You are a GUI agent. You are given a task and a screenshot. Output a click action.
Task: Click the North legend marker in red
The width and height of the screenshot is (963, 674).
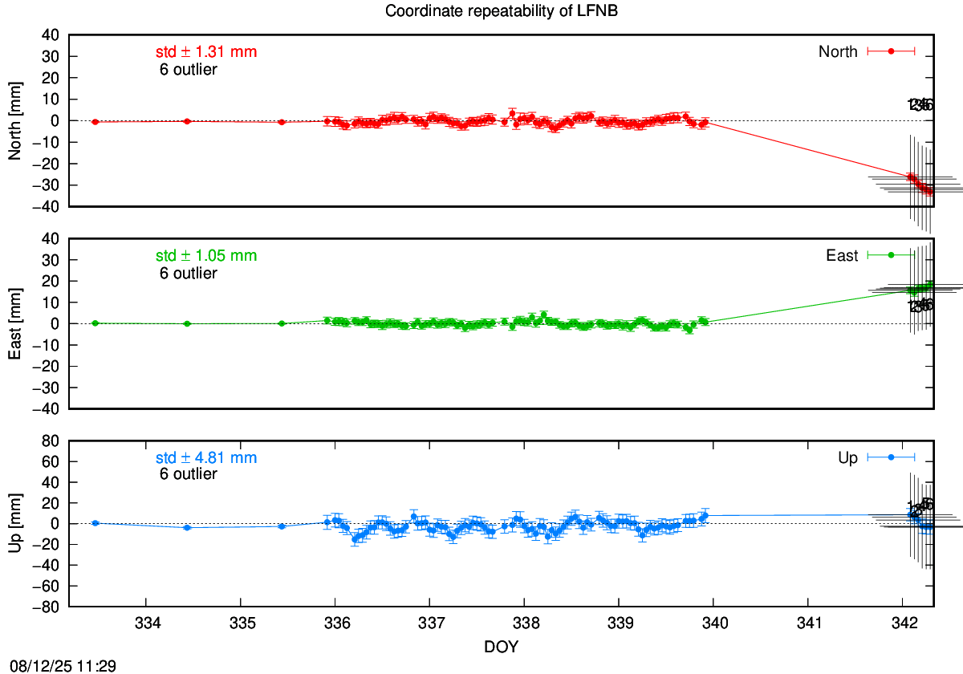click(891, 51)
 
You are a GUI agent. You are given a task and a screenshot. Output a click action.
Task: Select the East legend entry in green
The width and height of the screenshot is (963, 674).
click(842, 256)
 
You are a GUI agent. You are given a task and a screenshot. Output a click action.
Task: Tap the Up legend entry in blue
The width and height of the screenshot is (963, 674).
click(847, 458)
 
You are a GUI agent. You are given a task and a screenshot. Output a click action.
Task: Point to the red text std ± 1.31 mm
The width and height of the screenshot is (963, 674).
click(206, 52)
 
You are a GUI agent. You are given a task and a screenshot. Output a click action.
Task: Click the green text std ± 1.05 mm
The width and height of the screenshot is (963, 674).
click(206, 256)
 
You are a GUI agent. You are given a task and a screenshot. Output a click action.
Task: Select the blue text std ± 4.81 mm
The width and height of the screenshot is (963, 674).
click(206, 458)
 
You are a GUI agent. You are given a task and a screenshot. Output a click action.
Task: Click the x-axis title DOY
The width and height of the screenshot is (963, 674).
click(502, 647)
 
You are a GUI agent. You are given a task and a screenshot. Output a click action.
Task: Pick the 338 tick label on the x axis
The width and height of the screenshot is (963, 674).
click(524, 624)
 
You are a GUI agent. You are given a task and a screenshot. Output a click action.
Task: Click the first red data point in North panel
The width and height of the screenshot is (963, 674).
click(95, 122)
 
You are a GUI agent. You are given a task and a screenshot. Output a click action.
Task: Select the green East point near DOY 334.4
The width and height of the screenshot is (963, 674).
click(187, 323)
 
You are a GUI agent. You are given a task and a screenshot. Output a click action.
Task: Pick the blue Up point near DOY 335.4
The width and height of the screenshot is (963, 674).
click(282, 526)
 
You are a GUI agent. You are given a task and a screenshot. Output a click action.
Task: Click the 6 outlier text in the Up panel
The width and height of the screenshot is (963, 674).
click(189, 474)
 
